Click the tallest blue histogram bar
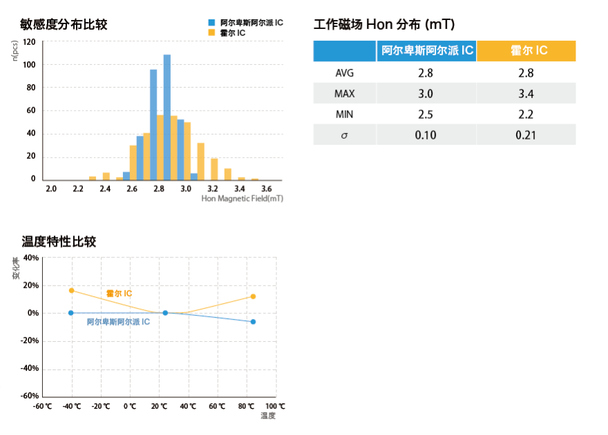[x=167, y=117]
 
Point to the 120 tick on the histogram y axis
[x=29, y=41]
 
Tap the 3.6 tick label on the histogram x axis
[x=267, y=188]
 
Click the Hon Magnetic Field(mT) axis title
[x=243, y=199]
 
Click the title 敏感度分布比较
[x=64, y=25]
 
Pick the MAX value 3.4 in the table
[x=526, y=93]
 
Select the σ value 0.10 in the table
[x=426, y=135]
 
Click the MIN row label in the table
[x=344, y=114]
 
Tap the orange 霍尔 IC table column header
[x=526, y=51]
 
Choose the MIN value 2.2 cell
[x=526, y=114]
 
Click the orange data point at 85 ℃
[x=254, y=296]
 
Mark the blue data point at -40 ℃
[x=71, y=313]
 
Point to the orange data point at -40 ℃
[x=71, y=290]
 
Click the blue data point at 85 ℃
[x=254, y=322]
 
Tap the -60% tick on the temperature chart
[x=30, y=396]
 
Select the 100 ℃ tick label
[x=275, y=406]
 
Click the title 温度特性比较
[x=59, y=242]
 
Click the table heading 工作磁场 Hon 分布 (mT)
[x=383, y=25]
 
